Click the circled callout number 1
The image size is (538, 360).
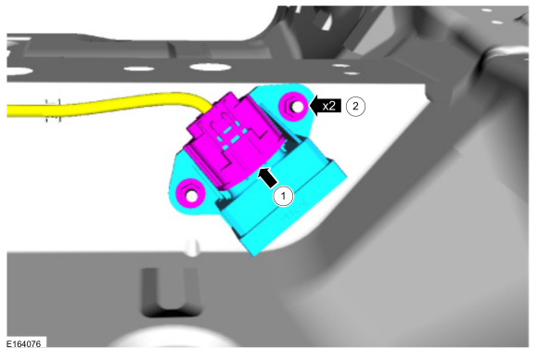click(x=283, y=197)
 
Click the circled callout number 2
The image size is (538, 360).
click(x=355, y=107)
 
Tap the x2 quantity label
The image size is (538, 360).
click(x=328, y=106)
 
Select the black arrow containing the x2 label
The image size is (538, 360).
click(x=326, y=106)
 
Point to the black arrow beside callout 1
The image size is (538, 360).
click(x=268, y=176)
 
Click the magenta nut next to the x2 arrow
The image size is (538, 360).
click(x=295, y=106)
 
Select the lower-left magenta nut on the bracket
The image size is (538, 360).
click(x=190, y=194)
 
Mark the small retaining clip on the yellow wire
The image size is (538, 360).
click(x=54, y=109)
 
